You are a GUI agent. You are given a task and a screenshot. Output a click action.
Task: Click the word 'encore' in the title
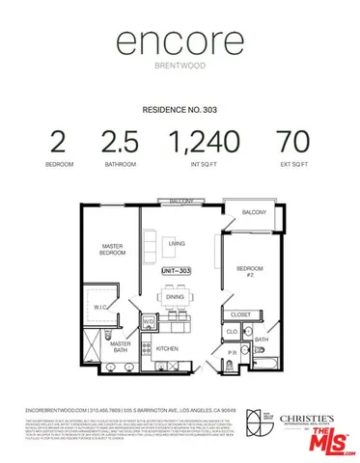pos(180,42)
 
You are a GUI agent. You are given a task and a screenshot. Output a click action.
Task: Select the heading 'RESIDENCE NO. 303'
pos(180,110)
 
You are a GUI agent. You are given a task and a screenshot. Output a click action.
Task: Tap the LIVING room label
pos(177,244)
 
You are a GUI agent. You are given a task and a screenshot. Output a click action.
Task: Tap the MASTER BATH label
pos(120,348)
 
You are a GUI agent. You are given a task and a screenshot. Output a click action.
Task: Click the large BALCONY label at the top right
pos(255,212)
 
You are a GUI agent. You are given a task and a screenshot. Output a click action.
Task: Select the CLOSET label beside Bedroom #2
pos(241,314)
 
